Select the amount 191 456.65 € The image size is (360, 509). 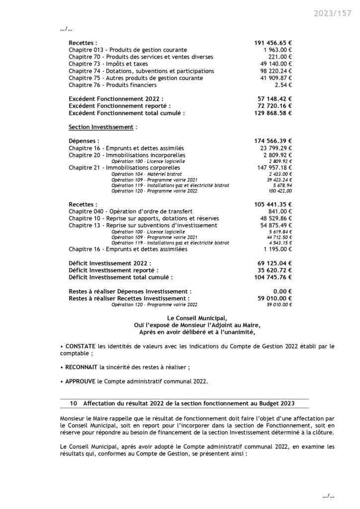click(272, 43)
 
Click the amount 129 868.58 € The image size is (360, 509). click(272, 113)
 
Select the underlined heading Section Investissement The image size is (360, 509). click(101, 127)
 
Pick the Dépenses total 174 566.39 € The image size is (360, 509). click(272, 141)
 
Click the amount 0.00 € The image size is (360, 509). click(282, 291)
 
